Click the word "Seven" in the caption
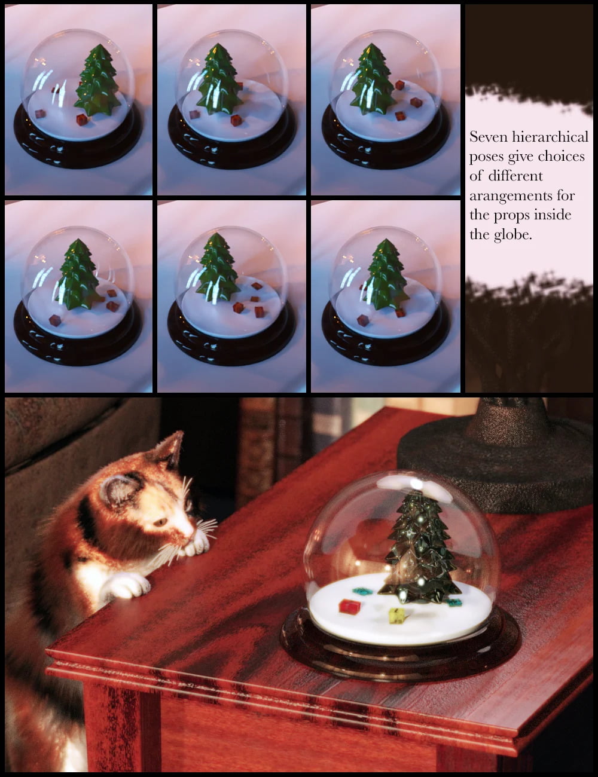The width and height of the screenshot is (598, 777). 486,137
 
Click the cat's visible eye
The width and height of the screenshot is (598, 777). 160,522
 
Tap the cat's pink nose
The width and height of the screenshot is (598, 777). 193,531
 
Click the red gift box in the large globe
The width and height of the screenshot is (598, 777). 350,607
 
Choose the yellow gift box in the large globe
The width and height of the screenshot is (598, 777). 395,614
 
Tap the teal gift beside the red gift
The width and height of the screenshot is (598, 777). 362,591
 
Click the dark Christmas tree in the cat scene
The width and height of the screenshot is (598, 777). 419,553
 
